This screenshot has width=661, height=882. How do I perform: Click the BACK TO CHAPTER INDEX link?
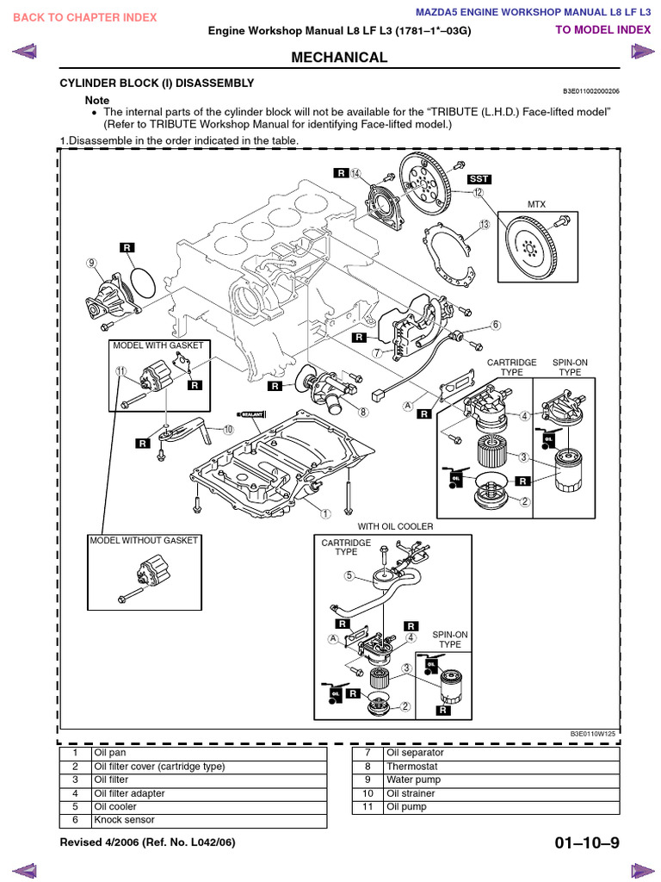pyautogui.click(x=85, y=17)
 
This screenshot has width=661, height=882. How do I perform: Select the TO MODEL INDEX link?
pyautogui.click(x=602, y=29)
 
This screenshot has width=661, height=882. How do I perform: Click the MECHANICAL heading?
pyautogui.click(x=340, y=58)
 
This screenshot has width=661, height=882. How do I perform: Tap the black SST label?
pyautogui.click(x=479, y=178)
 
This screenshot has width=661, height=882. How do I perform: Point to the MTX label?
pyautogui.click(x=537, y=204)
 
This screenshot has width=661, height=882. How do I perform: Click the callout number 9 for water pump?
pyautogui.click(x=90, y=263)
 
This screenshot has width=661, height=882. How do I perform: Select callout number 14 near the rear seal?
pyautogui.click(x=355, y=173)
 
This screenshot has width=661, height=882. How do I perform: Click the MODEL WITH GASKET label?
pyautogui.click(x=158, y=345)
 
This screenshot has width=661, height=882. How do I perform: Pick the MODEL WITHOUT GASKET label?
pyautogui.click(x=144, y=540)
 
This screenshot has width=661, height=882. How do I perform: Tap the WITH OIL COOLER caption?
pyautogui.click(x=395, y=526)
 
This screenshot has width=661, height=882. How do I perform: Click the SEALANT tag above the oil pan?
pyautogui.click(x=250, y=414)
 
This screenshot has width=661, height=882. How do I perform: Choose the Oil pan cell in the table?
pyautogui.click(x=109, y=752)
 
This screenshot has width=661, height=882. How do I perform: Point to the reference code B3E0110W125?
pyautogui.click(x=593, y=734)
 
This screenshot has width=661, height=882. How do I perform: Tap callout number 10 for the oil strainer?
pyautogui.click(x=228, y=429)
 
